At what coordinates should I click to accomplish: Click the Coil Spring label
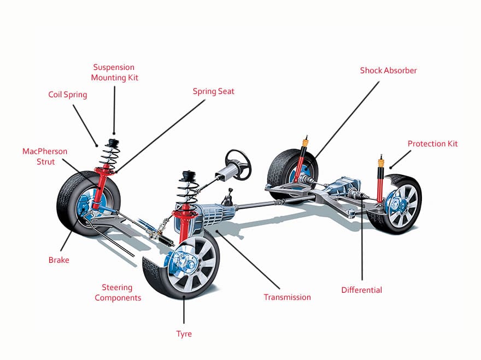68,95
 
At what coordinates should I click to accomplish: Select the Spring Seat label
213,91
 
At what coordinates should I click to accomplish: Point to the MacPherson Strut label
39,156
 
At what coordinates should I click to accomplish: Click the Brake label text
59,260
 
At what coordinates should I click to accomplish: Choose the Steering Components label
118,292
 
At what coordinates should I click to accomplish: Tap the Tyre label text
184,333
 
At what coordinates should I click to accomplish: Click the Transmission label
287,297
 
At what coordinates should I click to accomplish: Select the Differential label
361,290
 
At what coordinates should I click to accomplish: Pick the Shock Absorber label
388,70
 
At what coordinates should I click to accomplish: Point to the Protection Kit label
432,144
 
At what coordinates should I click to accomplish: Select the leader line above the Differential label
362,240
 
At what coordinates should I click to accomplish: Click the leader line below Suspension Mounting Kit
114,109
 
